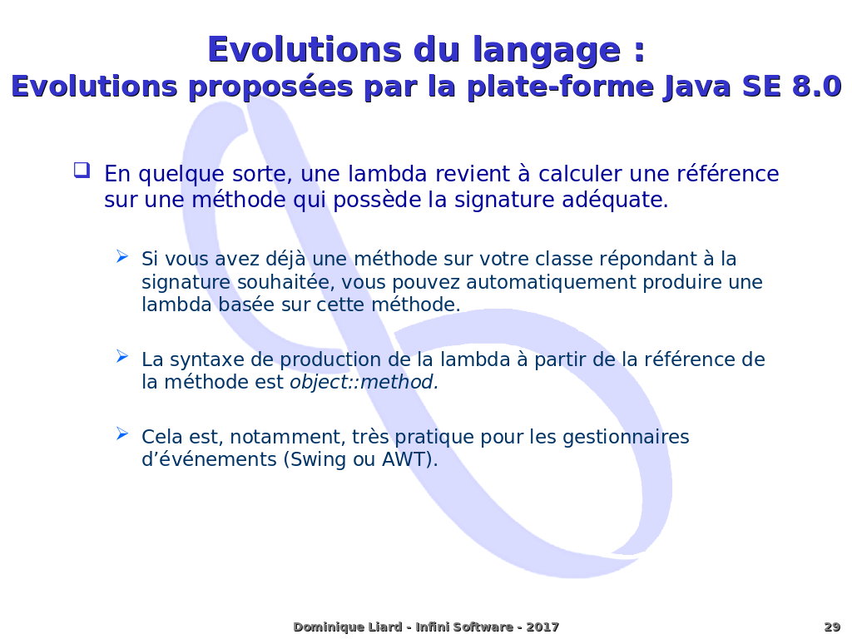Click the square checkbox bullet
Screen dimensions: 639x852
pyautogui.click(x=82, y=171)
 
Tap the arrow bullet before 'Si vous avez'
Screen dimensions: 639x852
pyautogui.click(x=122, y=256)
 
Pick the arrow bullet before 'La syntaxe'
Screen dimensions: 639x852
pyautogui.click(x=122, y=357)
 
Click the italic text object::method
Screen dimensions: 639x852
pyautogui.click(x=363, y=383)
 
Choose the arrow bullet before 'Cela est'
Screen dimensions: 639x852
pyautogui.click(x=122, y=433)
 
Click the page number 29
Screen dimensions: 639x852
pyautogui.click(x=832, y=627)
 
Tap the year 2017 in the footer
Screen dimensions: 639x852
pyautogui.click(x=542, y=627)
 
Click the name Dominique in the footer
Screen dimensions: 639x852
pyautogui.click(x=324, y=627)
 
